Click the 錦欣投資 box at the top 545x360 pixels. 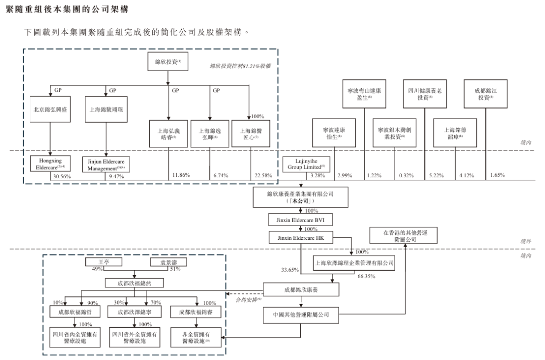coord(168,63)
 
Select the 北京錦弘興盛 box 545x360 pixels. coord(50,110)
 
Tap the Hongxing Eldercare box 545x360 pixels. coord(50,164)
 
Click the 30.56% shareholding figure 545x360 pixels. coord(62,177)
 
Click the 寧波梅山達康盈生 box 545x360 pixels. coord(363,93)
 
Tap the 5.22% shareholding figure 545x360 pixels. coord(434,175)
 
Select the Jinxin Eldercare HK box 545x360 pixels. coord(301,237)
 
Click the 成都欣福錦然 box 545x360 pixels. coord(137,283)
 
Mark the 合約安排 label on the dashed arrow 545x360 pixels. coord(246,300)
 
